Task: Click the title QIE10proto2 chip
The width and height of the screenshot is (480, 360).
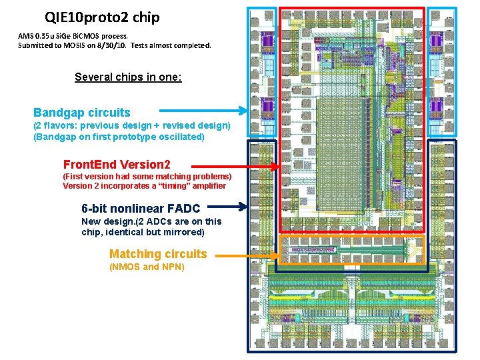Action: pyautogui.click(x=102, y=17)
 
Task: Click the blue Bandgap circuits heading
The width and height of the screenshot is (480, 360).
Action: pyautogui.click(x=82, y=113)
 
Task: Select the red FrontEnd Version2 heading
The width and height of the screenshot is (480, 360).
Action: pyautogui.click(x=117, y=165)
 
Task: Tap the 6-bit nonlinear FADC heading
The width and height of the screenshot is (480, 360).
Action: pyautogui.click(x=141, y=209)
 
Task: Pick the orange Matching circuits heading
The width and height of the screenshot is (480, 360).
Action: pyautogui.click(x=158, y=254)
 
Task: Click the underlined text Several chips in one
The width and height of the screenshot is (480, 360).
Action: pyautogui.click(x=128, y=77)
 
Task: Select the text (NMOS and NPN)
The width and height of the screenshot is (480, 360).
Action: pyautogui.click(x=147, y=267)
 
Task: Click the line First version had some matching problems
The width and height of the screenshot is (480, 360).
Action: pyautogui.click(x=147, y=176)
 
